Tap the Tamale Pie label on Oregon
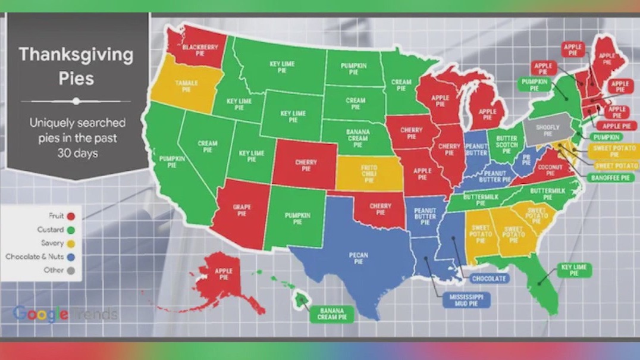tap(186, 86)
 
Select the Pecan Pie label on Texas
tap(359, 258)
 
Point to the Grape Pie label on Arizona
tap(241, 210)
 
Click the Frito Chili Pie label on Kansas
tap(369, 172)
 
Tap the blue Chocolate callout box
tap(490, 278)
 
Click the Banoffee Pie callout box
tap(610, 178)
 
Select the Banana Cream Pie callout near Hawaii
tap(332, 314)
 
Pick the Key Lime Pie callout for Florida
tap(573, 270)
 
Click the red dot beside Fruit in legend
tap(71, 216)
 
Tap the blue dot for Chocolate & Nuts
tap(71, 256)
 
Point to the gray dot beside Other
tap(71, 270)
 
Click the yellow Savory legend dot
tap(71, 243)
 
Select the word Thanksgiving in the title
tap(76, 55)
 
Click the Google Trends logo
tap(65, 314)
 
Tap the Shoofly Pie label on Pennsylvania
tap(547, 130)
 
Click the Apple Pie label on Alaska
tap(223, 274)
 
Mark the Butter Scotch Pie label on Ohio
tap(507, 143)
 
